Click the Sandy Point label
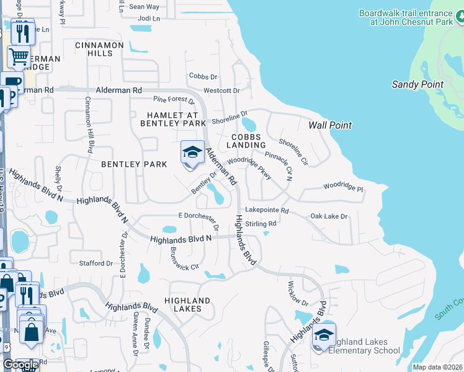point(417,84)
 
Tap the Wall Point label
point(330,125)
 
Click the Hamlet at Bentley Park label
point(176,119)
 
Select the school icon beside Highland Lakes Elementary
point(324,335)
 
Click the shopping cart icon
point(19,57)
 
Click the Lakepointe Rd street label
point(267,211)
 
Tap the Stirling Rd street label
point(261,223)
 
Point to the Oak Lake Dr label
point(329,216)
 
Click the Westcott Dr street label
point(221,91)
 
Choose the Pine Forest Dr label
point(174,100)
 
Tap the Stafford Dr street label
point(96,263)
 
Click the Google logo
point(20,365)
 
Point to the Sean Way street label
point(144,7)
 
